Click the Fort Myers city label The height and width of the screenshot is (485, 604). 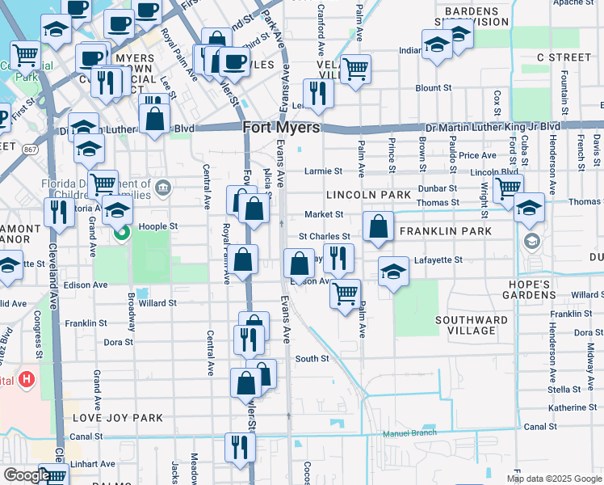281,128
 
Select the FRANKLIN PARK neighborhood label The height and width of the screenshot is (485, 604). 445,231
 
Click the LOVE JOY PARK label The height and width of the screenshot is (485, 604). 118,418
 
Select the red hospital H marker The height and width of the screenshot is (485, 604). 27,377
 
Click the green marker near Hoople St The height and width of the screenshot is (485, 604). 123,234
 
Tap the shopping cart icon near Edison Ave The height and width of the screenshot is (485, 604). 345,292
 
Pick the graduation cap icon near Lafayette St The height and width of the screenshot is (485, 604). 392,271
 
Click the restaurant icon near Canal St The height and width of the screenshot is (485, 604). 239,446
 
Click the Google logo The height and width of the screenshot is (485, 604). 26,475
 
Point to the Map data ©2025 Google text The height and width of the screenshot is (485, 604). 554,479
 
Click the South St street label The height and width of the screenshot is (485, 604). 312,358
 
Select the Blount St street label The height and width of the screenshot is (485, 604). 433,87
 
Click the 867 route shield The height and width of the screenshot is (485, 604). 31,149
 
